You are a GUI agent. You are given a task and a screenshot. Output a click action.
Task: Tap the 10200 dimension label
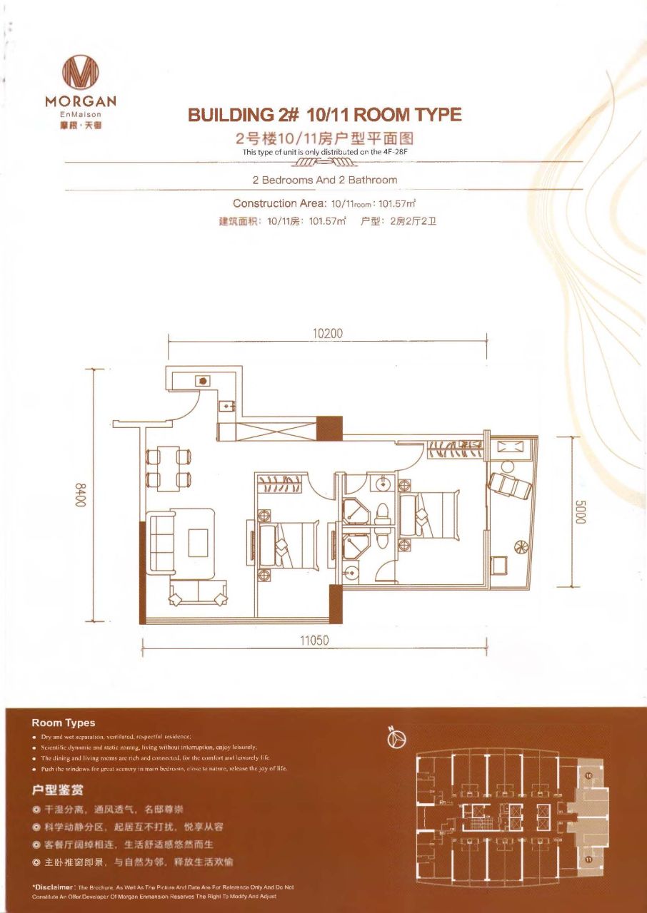(328, 334)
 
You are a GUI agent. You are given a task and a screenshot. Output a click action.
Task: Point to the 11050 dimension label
(314, 641)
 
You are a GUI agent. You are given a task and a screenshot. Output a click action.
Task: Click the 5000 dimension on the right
(579, 511)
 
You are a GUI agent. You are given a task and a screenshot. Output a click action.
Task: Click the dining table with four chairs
(169, 467)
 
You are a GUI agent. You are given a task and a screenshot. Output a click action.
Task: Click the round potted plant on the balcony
(521, 547)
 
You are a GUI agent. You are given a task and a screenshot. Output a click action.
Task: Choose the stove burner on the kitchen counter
(203, 380)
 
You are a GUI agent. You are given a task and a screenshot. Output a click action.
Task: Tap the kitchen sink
(227, 406)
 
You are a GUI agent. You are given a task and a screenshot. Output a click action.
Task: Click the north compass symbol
(397, 740)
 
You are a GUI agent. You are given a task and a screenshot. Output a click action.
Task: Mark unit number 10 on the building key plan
(588, 775)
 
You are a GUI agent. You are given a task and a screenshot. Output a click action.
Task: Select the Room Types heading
(64, 723)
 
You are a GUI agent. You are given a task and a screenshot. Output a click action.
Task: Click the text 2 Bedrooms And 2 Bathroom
(324, 180)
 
